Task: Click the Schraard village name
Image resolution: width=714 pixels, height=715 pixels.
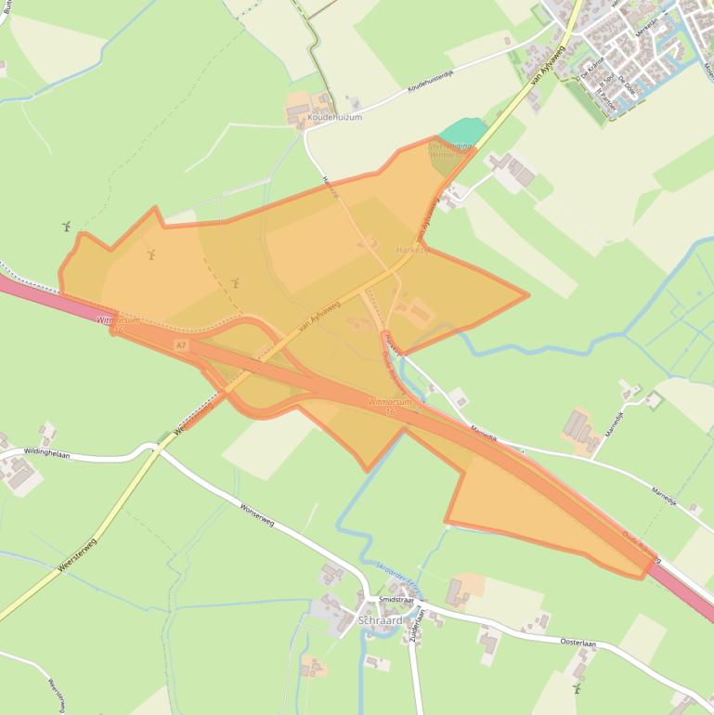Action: point(380,620)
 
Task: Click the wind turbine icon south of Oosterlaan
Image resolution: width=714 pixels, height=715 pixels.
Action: point(578,688)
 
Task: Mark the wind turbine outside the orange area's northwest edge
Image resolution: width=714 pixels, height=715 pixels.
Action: point(66,227)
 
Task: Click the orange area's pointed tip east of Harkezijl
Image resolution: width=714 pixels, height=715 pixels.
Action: point(526,296)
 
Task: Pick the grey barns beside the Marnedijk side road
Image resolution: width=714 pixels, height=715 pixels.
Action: point(577,426)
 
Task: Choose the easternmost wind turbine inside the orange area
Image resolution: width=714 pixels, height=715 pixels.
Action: point(235,282)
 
